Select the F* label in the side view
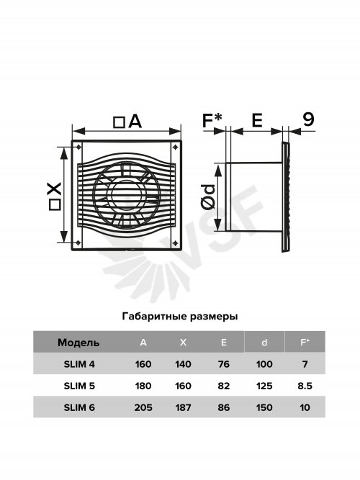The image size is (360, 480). coord(212,120)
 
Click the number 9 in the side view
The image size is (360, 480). coord(309,119)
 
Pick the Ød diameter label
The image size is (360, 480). coord(208,197)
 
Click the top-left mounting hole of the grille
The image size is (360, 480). coord(78,147)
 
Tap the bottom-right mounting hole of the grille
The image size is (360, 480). coord(175,243)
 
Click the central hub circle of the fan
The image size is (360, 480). coord(126,195)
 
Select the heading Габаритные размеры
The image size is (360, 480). coord(180,316)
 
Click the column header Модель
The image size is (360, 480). coord(78,343)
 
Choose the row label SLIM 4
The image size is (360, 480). coord(79,364)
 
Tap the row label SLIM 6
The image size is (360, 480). coord(79,407)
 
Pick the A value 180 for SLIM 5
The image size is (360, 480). coord(143,386)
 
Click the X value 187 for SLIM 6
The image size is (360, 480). coord(183,407)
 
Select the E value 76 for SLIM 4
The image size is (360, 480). coord(224,364)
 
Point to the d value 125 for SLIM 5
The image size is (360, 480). coord(264,386)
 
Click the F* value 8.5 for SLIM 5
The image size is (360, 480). coord(305,386)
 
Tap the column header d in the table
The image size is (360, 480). coord(264,343)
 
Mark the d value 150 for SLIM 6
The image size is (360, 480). coord(264,407)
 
